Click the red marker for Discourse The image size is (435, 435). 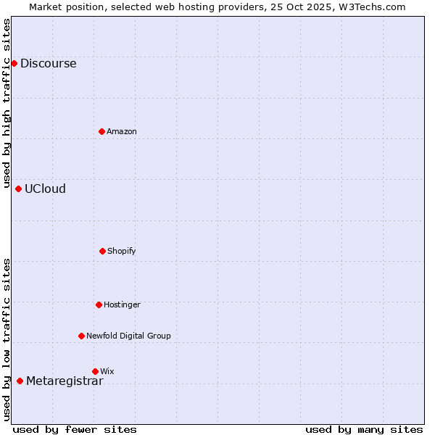(14, 63)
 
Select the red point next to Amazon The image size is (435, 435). (101, 131)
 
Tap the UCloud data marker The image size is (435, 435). (18, 188)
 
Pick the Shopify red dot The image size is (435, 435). (102, 251)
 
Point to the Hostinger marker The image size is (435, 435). (99, 304)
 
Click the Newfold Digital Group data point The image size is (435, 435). (81, 336)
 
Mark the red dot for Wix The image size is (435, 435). (95, 371)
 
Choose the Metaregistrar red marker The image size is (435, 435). (20, 381)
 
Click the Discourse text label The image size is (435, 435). (48, 63)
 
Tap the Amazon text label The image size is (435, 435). (122, 131)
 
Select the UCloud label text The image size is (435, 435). (45, 188)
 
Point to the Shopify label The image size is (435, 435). (122, 251)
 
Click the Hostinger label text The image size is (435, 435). (122, 304)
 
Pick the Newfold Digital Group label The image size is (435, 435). (128, 336)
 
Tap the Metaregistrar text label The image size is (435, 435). (65, 381)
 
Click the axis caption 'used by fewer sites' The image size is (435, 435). (75, 429)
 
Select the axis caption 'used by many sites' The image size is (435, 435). (364, 429)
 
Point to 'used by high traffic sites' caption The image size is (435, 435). (7, 104)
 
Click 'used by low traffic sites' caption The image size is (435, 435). (7, 339)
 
